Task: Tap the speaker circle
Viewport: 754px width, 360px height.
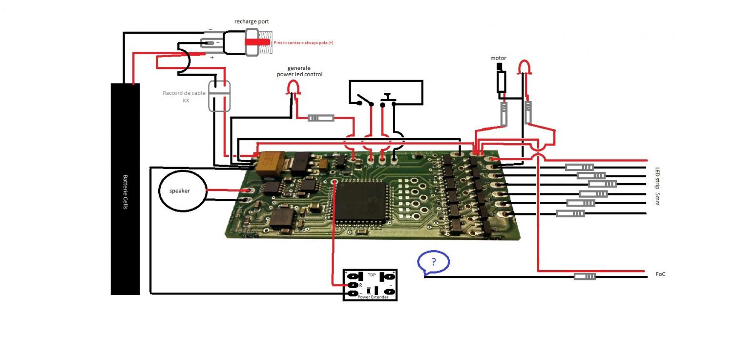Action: [180, 191]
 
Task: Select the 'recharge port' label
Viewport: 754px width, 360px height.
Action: [251, 22]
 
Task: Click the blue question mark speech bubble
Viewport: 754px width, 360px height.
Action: [433, 262]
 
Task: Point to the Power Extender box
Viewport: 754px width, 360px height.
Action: [370, 285]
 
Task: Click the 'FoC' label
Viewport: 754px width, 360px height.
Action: [660, 275]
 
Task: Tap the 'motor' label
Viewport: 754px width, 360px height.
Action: [498, 58]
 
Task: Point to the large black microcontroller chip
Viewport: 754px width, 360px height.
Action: [361, 201]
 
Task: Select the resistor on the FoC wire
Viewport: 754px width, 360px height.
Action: [585, 276]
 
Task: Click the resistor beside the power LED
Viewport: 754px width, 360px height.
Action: [321, 118]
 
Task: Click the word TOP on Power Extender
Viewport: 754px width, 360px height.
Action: [371, 275]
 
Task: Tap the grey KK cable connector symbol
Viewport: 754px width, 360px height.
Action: [219, 96]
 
